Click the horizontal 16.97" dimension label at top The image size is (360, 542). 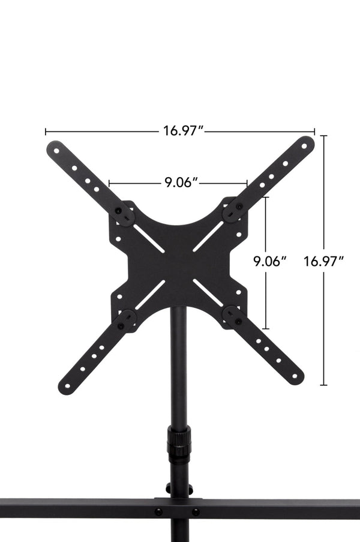[183, 131]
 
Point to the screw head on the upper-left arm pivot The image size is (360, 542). [119, 210]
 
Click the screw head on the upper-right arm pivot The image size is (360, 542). [238, 206]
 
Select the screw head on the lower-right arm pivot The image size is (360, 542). [238, 322]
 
